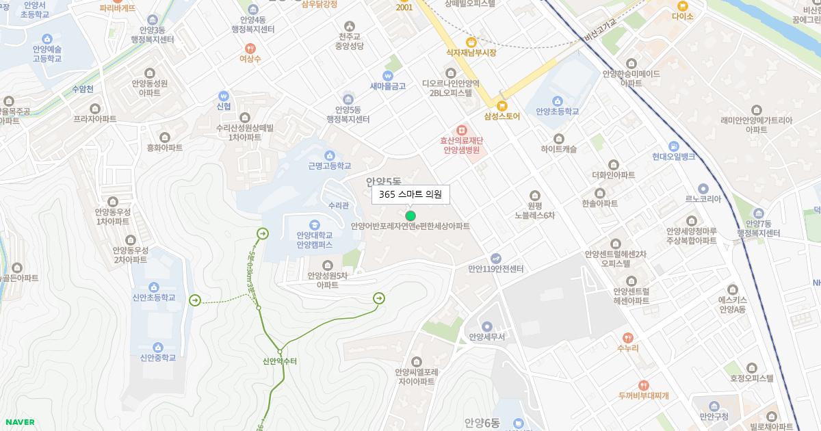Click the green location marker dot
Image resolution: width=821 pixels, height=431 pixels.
click(x=410, y=215)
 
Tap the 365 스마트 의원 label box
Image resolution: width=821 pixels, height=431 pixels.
click(x=410, y=194)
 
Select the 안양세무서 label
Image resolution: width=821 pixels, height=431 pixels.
click(x=486, y=337)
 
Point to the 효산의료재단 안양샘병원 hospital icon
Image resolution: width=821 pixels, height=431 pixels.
click(x=461, y=129)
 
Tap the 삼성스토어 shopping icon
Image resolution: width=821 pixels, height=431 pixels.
click(x=501, y=105)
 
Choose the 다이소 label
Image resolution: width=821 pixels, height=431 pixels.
click(x=682, y=16)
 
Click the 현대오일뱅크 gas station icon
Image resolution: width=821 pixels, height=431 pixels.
click(x=674, y=146)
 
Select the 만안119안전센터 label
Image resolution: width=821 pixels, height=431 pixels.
click(x=495, y=269)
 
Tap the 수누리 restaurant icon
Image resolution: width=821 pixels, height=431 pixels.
click(x=627, y=337)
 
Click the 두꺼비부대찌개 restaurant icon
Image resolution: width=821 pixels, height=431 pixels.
click(x=643, y=384)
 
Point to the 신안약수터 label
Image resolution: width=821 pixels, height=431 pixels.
click(x=280, y=361)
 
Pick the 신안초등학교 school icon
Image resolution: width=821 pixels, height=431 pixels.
click(x=155, y=287)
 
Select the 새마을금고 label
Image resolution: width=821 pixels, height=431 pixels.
click(x=388, y=86)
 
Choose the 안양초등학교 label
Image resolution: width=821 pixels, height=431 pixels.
click(x=558, y=112)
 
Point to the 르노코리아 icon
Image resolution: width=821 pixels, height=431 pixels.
click(x=703, y=189)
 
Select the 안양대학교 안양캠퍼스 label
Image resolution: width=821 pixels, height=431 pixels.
click(x=314, y=239)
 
